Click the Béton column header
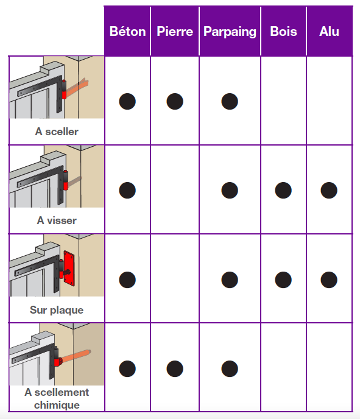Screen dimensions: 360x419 (x=127, y=32)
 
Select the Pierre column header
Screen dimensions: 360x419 (x=175, y=32)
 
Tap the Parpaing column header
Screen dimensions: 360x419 (x=230, y=32)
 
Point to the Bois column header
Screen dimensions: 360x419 (x=283, y=32)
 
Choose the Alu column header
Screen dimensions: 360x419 (x=329, y=32)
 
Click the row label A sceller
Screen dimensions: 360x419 (x=57, y=132)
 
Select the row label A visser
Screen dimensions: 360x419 (x=57, y=220)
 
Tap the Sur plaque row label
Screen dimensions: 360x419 (x=57, y=310)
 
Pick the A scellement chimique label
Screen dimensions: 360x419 (x=57, y=398)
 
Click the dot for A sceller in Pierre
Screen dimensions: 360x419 (x=175, y=101)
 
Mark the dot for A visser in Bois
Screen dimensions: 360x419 (x=283, y=190)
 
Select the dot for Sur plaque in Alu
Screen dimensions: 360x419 (x=329, y=280)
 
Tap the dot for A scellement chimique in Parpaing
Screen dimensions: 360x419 (x=230, y=369)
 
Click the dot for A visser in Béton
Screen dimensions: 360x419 (x=127, y=190)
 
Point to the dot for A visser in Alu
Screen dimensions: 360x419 (x=329, y=190)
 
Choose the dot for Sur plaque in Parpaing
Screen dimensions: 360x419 (x=230, y=280)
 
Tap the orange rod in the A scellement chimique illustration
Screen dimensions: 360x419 (x=76, y=356)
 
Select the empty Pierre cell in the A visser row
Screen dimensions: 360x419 (x=175, y=189)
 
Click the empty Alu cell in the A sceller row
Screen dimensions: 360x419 (x=330, y=100)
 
